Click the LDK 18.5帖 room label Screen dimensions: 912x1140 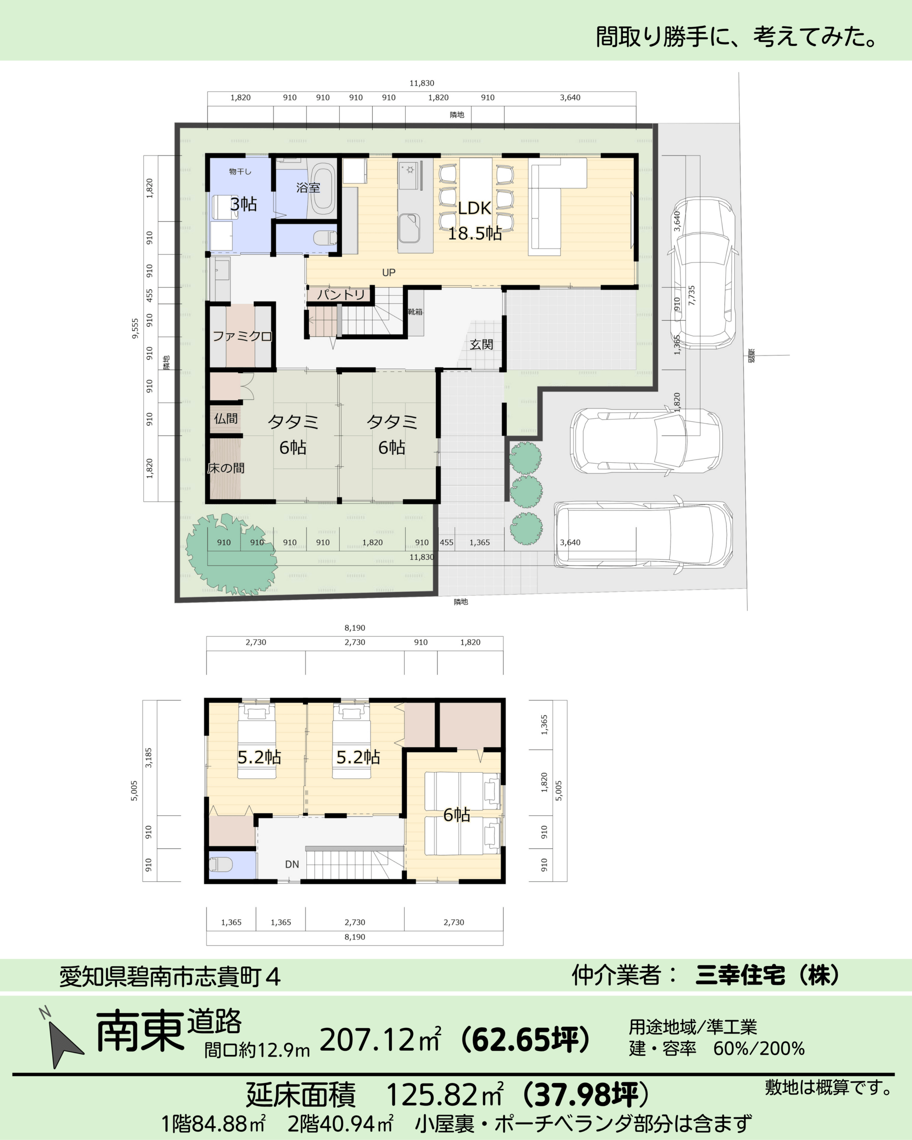tap(475, 220)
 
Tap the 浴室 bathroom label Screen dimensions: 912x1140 tap(308, 188)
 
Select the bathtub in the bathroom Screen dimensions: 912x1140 tap(322, 188)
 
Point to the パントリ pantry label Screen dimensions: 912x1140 tap(341, 294)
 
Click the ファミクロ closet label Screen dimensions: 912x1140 tap(242, 336)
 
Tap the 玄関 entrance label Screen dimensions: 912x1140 tap(481, 345)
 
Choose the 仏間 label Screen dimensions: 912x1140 tap(226, 419)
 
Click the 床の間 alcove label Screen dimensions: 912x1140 tap(226, 468)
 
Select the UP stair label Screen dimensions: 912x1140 tap(389, 273)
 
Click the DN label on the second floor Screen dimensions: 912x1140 tap(292, 864)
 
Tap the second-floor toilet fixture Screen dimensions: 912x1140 tap(221, 864)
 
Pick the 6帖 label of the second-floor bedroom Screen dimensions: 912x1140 tap(456, 815)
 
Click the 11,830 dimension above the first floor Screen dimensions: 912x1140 tap(422, 83)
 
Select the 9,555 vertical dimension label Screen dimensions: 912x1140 tap(135, 328)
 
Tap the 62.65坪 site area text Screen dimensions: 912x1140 tap(525, 1039)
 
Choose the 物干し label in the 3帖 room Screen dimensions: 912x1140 tap(240, 171)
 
